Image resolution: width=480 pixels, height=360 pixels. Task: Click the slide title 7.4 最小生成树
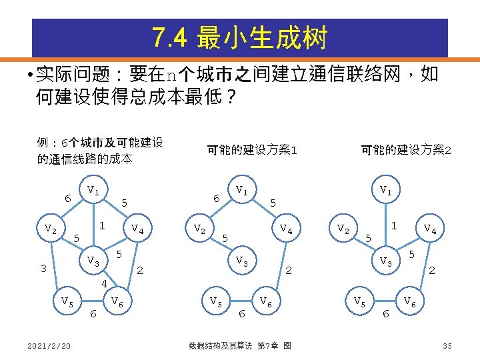(x=240, y=38)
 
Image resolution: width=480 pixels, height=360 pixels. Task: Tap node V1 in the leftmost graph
(x=93, y=191)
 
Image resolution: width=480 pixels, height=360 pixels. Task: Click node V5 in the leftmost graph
(x=67, y=301)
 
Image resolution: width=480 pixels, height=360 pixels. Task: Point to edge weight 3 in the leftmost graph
(x=42, y=269)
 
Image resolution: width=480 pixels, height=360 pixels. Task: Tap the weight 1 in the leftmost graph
(x=101, y=226)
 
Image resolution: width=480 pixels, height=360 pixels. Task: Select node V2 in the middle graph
(x=198, y=229)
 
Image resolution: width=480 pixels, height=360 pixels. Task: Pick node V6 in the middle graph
(x=265, y=301)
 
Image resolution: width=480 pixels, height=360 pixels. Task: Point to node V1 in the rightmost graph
(x=385, y=191)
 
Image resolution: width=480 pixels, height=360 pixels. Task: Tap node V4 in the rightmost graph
(x=431, y=229)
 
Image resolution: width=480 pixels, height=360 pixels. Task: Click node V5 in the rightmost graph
(x=359, y=301)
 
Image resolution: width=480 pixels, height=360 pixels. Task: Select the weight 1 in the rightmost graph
(x=394, y=226)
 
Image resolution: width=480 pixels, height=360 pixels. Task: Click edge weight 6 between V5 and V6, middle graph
(x=242, y=313)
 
